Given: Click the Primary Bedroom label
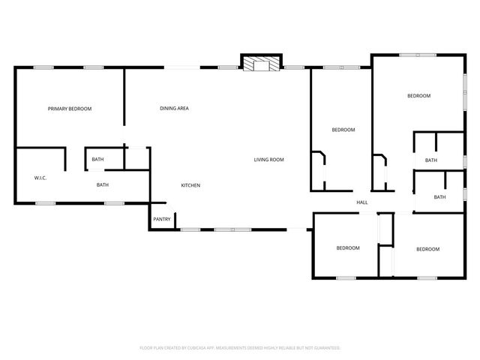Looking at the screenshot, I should (70, 109).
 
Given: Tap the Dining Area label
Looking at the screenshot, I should (174, 109).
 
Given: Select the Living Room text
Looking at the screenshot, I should (268, 160).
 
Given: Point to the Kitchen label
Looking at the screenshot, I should (190, 185).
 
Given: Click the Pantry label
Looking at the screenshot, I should (162, 220).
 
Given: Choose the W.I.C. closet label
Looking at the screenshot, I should (40, 178).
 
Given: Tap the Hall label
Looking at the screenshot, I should (361, 203).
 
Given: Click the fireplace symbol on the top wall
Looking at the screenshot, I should (261, 64).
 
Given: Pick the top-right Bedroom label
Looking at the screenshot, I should (418, 96).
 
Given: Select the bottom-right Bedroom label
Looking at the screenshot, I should (427, 249).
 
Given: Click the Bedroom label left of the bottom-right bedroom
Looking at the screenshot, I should (347, 248).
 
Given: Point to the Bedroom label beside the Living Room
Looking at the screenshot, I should (343, 130).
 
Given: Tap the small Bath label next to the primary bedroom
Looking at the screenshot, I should (97, 160).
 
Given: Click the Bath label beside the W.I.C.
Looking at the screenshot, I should (102, 185).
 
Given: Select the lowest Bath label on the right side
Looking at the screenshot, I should (439, 197).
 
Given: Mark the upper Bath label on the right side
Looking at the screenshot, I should (431, 160).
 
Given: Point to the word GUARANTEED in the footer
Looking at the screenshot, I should (325, 348).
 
